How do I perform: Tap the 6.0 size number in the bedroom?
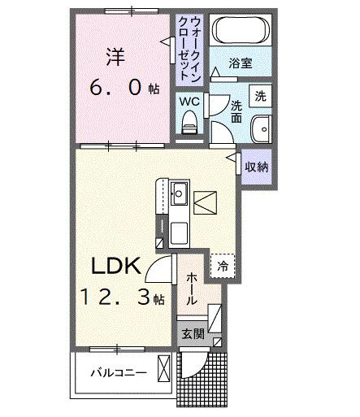(121, 87)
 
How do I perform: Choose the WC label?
(189, 101)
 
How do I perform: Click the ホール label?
(192, 289)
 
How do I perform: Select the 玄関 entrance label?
(193, 334)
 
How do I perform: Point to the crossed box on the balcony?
(164, 370)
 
